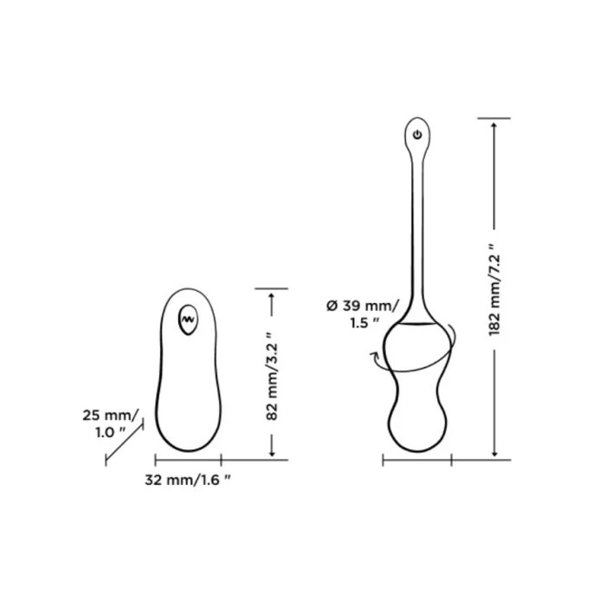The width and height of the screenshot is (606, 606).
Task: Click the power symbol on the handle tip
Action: point(417,134)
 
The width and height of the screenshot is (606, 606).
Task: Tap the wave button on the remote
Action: point(188,319)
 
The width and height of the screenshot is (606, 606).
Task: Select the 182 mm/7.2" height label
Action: point(494,290)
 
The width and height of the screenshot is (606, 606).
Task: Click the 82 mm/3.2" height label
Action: point(272,377)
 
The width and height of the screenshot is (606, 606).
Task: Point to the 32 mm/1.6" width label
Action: point(188,480)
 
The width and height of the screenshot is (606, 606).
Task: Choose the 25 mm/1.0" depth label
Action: point(110,423)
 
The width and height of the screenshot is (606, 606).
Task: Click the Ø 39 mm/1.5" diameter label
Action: point(361,313)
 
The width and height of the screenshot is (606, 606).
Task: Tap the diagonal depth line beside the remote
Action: point(124,442)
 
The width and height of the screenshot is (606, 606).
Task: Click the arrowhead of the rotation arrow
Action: point(373,355)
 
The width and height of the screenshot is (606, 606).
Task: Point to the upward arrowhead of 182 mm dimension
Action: point(494,125)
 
